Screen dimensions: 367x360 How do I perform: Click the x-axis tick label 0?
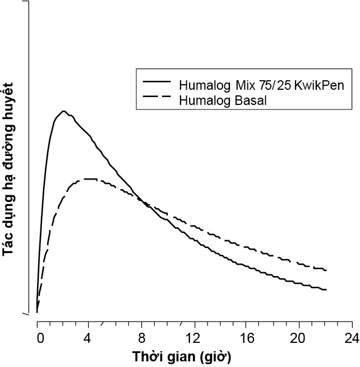(39, 339)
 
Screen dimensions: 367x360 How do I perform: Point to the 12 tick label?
(194, 339)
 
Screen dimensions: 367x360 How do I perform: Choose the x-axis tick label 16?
(247, 339)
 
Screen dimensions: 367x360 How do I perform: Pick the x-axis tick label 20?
(299, 339)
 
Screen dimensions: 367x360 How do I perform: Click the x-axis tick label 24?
(351, 339)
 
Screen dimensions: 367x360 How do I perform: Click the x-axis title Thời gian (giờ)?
(181, 356)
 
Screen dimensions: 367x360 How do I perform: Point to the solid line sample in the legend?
(158, 81)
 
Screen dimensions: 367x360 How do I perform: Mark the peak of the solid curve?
(64, 111)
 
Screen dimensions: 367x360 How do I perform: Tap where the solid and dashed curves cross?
(145, 203)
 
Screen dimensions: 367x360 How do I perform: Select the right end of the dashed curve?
(326, 270)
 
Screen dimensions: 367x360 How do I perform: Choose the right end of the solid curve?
(326, 290)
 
